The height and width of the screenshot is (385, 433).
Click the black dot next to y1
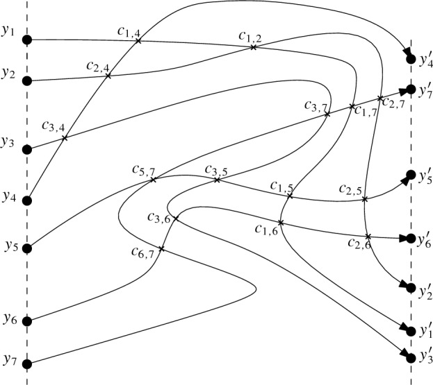(28, 40)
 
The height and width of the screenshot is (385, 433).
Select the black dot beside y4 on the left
(28, 200)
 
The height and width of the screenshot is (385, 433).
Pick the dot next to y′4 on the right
(411, 59)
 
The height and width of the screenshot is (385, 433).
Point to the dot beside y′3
(411, 357)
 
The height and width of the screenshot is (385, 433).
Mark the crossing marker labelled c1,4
(138, 41)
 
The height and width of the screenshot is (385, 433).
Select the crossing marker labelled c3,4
(65, 137)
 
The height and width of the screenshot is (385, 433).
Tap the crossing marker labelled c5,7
(154, 179)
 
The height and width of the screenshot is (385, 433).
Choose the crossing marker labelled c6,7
(161, 248)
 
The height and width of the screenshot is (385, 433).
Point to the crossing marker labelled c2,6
(368, 236)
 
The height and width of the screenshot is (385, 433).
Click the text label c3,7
(316, 105)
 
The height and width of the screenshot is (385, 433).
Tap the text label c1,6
(265, 230)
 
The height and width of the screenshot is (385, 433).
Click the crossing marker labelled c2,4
(108, 75)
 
